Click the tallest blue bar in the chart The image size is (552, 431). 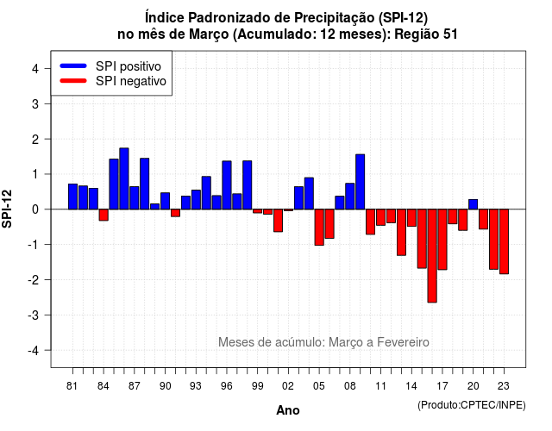124,178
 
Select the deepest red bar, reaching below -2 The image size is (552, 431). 432,256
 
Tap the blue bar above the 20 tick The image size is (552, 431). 474,204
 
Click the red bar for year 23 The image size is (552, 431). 504,241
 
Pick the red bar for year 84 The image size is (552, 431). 103,215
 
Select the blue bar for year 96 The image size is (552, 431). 227,185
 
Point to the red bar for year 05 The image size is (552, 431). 319,228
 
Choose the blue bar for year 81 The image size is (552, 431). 72,197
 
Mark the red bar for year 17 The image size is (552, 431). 442,240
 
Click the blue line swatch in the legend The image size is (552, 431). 73,66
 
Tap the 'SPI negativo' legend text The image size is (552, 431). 131,81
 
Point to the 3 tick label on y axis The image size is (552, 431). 35,103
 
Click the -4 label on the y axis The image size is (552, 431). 34,351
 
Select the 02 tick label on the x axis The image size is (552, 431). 288,386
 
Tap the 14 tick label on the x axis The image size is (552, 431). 411,386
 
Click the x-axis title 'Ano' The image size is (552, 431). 288,410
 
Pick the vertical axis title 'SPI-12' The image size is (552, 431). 7,209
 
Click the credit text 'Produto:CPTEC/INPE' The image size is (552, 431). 472,405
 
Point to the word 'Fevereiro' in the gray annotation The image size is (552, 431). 403,342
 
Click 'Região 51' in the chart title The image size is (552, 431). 426,34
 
